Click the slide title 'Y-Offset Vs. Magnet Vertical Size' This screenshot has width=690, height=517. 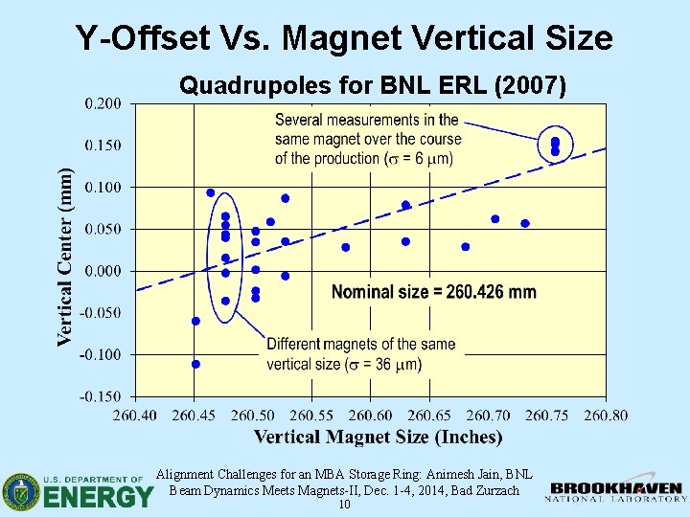(x=344, y=37)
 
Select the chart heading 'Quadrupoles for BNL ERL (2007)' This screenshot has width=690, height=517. (x=373, y=86)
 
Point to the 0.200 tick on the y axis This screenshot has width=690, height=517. (x=106, y=103)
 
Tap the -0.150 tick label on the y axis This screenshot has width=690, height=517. (x=104, y=396)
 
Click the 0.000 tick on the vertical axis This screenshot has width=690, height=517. (x=106, y=271)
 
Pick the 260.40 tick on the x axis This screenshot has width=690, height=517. (x=135, y=415)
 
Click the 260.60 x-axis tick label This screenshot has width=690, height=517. (x=370, y=415)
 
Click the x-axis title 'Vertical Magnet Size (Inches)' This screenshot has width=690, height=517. (x=378, y=438)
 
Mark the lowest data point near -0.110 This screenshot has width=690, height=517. (x=195, y=364)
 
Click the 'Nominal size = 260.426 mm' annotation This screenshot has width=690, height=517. (x=433, y=292)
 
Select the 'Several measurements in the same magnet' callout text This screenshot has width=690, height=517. (x=368, y=139)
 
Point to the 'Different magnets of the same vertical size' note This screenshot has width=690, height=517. (x=360, y=353)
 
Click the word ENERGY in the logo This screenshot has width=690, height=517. (x=98, y=496)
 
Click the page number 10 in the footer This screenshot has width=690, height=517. (x=344, y=505)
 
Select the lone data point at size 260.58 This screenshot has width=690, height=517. (x=346, y=247)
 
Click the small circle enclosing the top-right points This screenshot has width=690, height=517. (x=555, y=146)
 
